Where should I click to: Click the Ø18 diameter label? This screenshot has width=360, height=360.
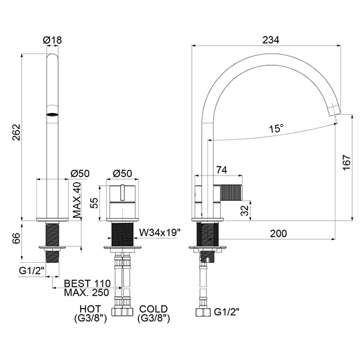[x=52, y=40]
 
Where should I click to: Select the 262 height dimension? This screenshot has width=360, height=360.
[x=17, y=132]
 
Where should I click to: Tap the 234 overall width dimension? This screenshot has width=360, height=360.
[x=271, y=40]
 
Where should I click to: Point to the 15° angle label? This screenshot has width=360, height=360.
[x=277, y=129]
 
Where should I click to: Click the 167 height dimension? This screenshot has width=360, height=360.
[x=347, y=163]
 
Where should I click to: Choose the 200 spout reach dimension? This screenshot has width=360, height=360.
[x=278, y=233]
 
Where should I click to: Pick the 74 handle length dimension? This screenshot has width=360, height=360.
[x=222, y=170]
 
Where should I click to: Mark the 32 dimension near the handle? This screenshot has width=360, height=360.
[x=245, y=210]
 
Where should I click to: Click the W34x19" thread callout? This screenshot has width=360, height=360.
[x=160, y=233]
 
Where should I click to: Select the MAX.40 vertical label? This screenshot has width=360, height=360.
[x=77, y=200]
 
